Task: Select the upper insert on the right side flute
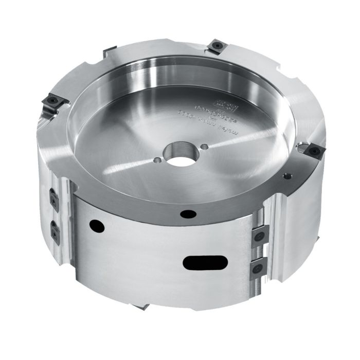click(259, 234)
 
